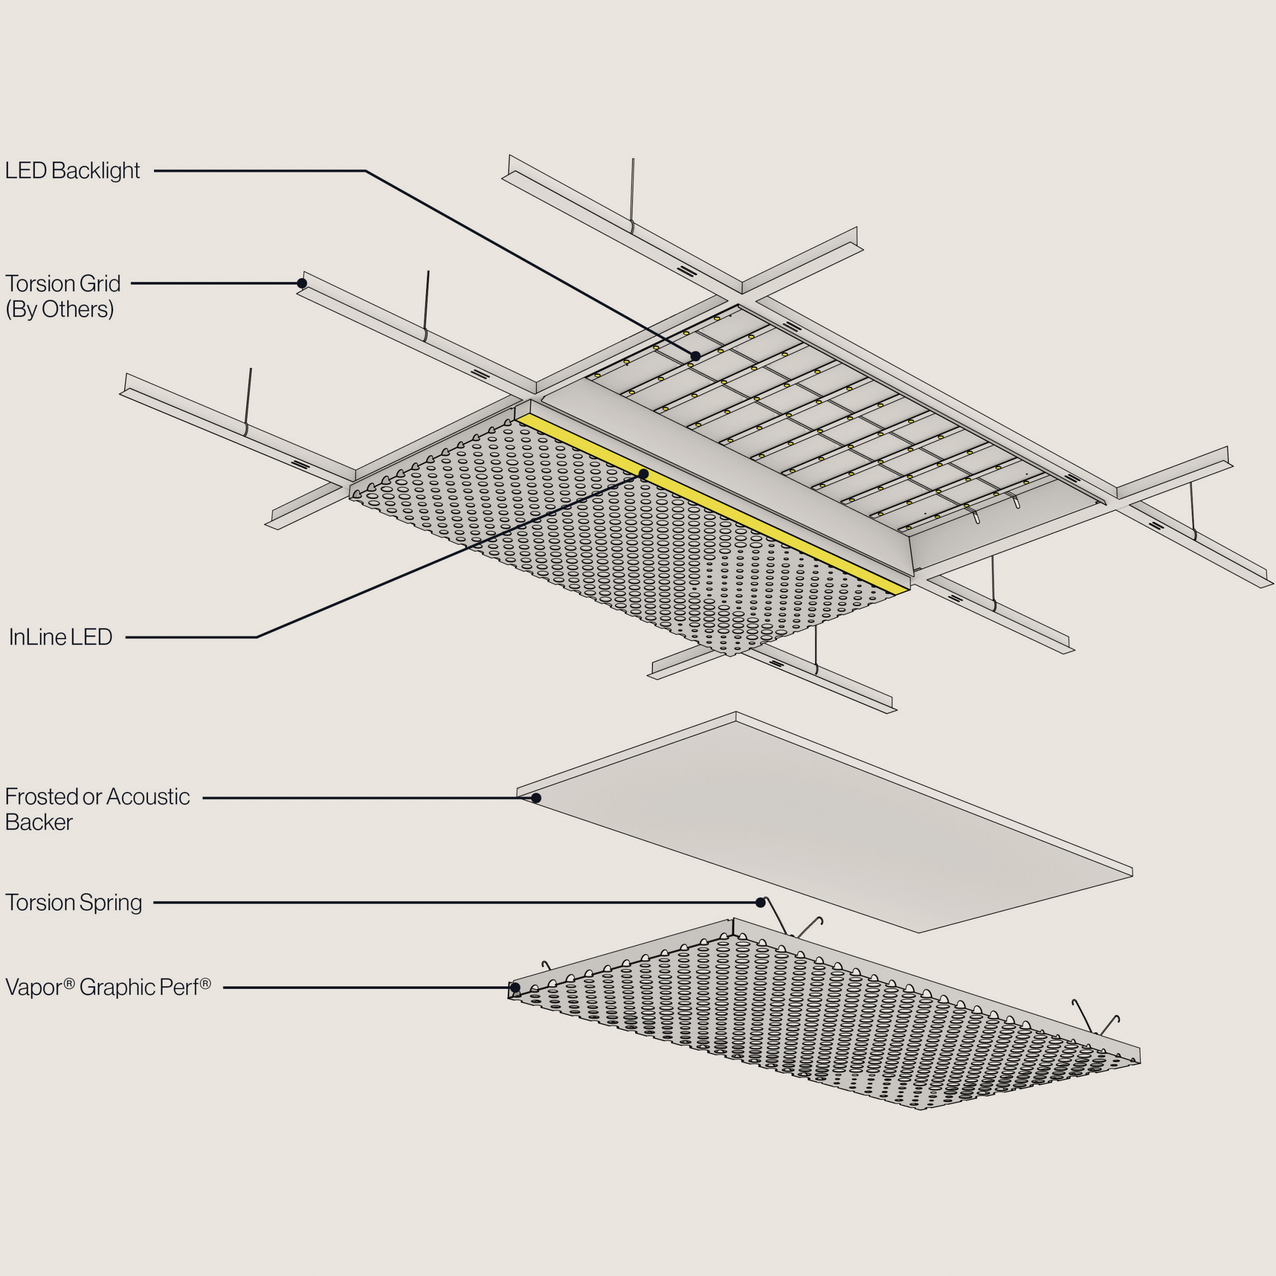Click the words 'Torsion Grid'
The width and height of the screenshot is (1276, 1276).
click(63, 283)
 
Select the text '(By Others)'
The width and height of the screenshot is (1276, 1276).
click(59, 309)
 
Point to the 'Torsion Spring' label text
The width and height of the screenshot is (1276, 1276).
click(73, 902)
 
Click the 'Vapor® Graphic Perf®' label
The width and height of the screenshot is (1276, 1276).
click(108, 987)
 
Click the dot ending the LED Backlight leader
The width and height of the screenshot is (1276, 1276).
click(695, 356)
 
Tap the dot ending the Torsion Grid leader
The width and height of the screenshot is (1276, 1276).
click(302, 283)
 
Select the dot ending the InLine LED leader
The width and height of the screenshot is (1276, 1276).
click(644, 474)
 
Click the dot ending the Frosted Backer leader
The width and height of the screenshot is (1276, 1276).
click(536, 798)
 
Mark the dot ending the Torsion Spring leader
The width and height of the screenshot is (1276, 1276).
click(760, 902)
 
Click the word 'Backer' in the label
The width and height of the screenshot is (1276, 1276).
click(39, 822)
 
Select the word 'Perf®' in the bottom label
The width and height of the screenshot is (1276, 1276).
click(188, 987)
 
